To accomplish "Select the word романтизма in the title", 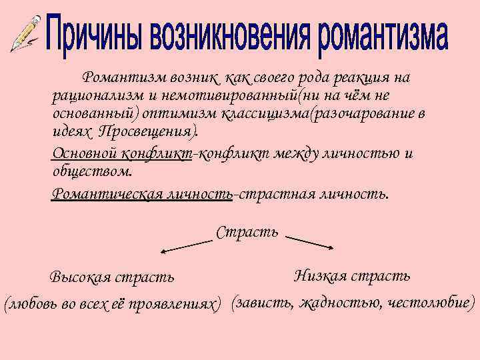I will click(381, 37).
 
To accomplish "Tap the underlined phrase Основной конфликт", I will click(122, 154).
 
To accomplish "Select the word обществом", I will click(92, 171).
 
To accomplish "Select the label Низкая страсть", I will click(352, 275).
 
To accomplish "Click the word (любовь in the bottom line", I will click(29, 304).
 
